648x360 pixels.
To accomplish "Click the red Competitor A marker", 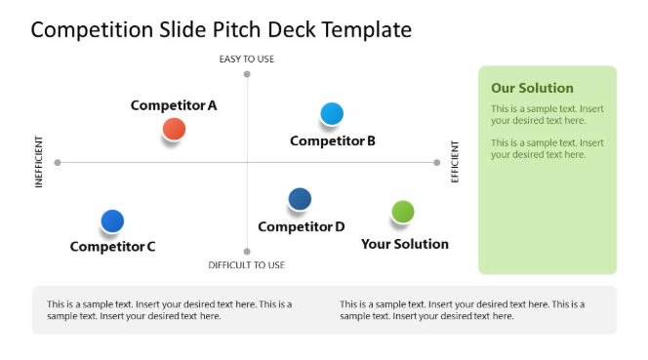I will point(174,129).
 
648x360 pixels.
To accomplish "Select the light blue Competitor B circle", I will point(332,114).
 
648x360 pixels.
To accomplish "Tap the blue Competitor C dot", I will point(112,221).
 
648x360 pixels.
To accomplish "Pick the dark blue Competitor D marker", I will point(300,200).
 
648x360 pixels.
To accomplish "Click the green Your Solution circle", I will point(403,212).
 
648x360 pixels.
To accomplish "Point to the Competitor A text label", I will point(174,105).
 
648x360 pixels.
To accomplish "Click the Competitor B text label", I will point(333,140).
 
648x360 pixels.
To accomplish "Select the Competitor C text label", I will point(112,247).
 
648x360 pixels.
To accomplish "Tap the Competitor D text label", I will point(301,227).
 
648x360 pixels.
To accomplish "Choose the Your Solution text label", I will point(405,244).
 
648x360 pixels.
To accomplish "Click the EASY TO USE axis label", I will point(247,60).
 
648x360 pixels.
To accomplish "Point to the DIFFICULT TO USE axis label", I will point(247,265).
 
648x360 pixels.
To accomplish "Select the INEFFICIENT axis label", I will point(40,162).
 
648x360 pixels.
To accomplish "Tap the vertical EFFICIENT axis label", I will point(455,162).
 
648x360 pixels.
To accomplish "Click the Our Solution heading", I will point(532,88).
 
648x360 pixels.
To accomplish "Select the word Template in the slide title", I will point(366,30).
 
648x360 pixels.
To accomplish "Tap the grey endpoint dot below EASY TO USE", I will point(247,74).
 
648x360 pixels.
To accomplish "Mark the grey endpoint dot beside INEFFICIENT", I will point(58,162).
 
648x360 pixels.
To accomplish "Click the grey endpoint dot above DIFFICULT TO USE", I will point(247,251).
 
